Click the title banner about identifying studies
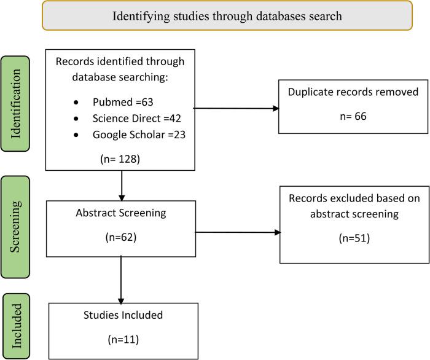pyautogui.click(x=227, y=16)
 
